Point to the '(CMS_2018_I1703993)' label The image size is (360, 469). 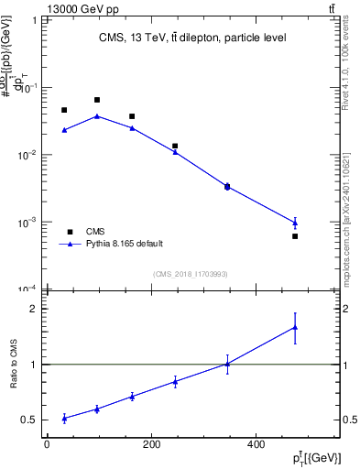190,274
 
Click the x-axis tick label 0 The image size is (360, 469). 47,445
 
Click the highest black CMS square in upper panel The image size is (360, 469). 97,100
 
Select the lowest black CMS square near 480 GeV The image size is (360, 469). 295,236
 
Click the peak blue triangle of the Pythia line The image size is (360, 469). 97,116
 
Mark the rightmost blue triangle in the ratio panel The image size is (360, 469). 295,327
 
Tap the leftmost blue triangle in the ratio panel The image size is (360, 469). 64,418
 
